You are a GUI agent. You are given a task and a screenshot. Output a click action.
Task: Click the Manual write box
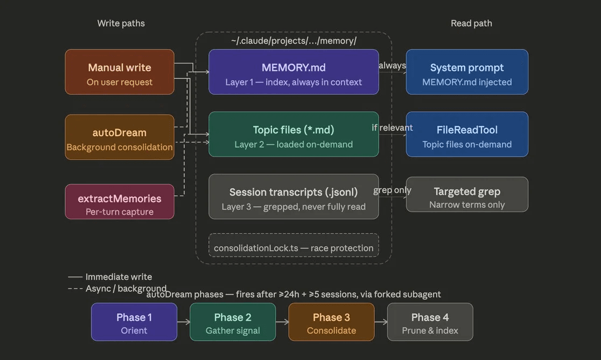coord(120,72)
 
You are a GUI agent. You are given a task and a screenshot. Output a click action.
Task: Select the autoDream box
coord(120,137)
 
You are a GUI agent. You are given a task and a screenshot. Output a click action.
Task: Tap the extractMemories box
coord(120,202)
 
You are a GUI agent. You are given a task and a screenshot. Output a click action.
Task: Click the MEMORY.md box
coord(293,72)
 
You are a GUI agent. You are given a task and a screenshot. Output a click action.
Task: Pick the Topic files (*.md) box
coord(293,135)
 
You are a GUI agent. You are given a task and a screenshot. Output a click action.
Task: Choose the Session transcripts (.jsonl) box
coord(293,197)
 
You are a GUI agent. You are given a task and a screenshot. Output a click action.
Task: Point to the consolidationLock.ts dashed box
coord(293,246)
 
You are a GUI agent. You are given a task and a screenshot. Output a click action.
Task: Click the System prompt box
coord(467,72)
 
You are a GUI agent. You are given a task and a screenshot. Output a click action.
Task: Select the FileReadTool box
coord(467,135)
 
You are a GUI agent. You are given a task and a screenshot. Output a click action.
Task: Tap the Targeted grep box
coord(467,195)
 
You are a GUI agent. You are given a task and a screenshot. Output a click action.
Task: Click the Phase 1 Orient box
coord(134,322)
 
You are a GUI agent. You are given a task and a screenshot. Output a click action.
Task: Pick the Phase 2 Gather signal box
coord(233,322)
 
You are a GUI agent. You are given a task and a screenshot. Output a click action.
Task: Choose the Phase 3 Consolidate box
coord(331,322)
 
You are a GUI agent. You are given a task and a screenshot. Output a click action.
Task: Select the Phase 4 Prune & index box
coord(430,322)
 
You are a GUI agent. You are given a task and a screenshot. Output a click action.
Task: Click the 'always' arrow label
coord(392,66)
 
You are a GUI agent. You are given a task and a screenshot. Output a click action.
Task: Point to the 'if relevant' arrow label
coord(392,128)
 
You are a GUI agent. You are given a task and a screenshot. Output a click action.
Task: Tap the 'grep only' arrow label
coord(392,190)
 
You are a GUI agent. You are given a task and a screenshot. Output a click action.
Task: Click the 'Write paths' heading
coord(121,23)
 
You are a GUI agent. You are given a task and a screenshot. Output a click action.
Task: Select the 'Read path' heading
coord(471,23)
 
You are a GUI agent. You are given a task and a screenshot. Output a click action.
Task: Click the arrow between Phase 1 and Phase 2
coord(184,322)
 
